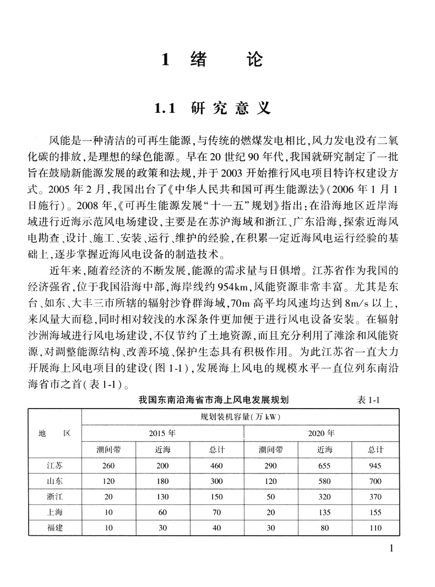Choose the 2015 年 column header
162,433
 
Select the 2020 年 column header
322,433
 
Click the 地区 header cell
55,433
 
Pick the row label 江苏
55,465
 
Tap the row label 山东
55,481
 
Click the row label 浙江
55,497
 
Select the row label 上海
55,512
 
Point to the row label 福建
55,528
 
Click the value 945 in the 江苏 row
376,465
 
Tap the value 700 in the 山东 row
376,481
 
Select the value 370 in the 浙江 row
376,497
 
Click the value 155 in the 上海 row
376,512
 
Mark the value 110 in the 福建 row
376,528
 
